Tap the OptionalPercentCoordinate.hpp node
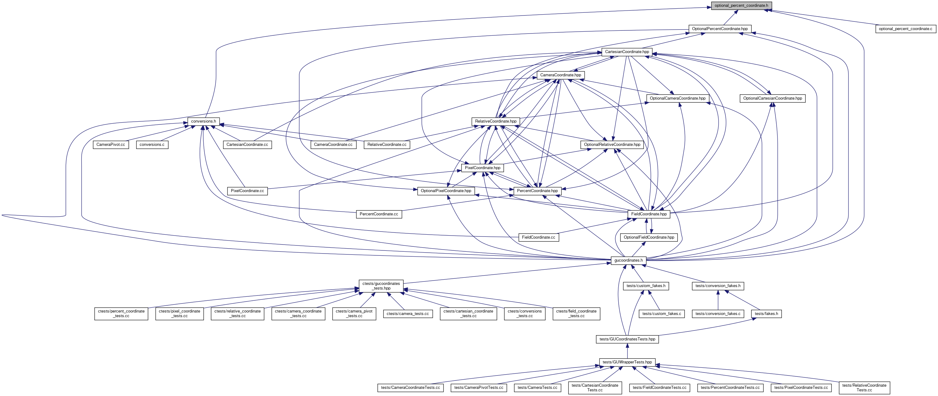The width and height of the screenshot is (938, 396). [719, 29]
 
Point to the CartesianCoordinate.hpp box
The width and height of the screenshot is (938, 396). [627, 52]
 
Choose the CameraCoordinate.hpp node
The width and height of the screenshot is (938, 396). [560, 75]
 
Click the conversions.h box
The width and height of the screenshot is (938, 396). [204, 121]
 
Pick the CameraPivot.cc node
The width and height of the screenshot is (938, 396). [111, 145]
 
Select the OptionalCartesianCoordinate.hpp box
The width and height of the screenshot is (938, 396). [772, 98]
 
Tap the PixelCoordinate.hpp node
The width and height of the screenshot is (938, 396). [482, 168]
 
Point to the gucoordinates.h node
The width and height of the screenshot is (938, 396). [629, 260]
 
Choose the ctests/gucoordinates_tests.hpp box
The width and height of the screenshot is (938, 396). [381, 286]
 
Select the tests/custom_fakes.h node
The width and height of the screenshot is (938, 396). [646, 286]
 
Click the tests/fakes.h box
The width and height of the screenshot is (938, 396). [766, 314]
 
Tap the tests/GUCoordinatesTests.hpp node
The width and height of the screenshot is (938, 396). [627, 339]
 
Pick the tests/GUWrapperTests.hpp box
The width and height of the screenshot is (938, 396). [627, 362]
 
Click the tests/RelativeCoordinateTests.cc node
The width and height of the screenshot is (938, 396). [864, 388]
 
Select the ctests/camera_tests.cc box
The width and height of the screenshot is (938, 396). [408, 314]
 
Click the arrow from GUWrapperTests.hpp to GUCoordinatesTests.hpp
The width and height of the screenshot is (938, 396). [627, 351]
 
